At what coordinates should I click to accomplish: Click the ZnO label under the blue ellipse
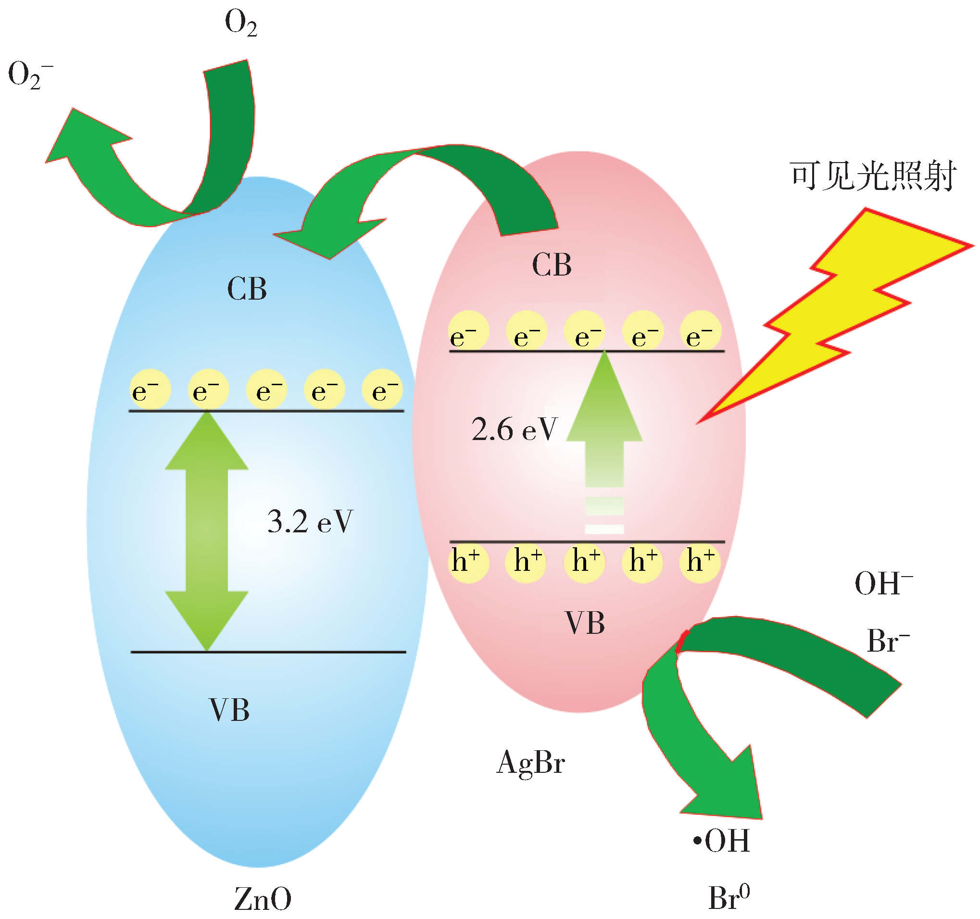coord(262,899)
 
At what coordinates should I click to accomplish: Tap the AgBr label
coord(530,763)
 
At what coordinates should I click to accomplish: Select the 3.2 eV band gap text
coord(310,522)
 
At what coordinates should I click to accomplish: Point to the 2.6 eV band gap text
coord(514,429)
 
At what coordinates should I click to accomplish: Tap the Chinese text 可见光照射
coord(873,176)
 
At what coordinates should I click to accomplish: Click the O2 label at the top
coord(240,23)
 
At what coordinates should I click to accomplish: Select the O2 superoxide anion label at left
coord(30,76)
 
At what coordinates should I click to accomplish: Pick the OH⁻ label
coord(883,584)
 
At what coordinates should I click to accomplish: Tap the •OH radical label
coord(721,841)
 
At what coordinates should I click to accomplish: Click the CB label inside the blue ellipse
coord(247,289)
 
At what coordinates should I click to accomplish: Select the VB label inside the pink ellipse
coord(585,623)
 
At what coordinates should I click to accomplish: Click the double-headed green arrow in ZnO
coord(207,530)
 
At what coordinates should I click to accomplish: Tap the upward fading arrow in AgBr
coord(604,434)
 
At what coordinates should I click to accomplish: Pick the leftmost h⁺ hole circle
coord(468,562)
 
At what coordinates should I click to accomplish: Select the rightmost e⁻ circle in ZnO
coord(382,390)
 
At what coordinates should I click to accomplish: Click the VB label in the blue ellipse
coord(229,710)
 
